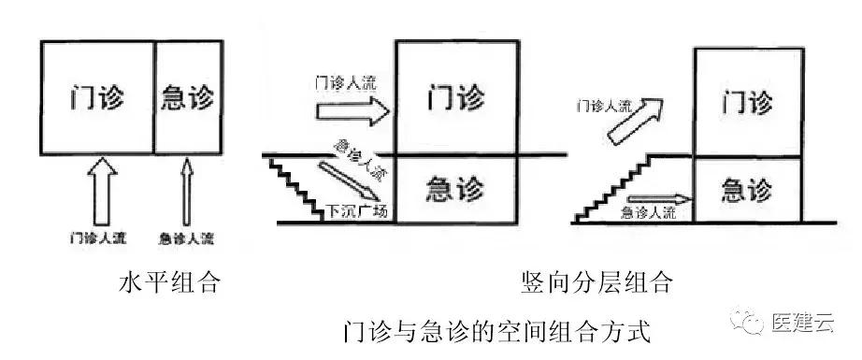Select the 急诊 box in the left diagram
coord(188,96)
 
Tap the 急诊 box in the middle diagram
coord(455,189)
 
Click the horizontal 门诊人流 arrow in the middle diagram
coord(352,113)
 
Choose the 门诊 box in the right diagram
coord(749,100)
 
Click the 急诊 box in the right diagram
coord(748,191)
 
